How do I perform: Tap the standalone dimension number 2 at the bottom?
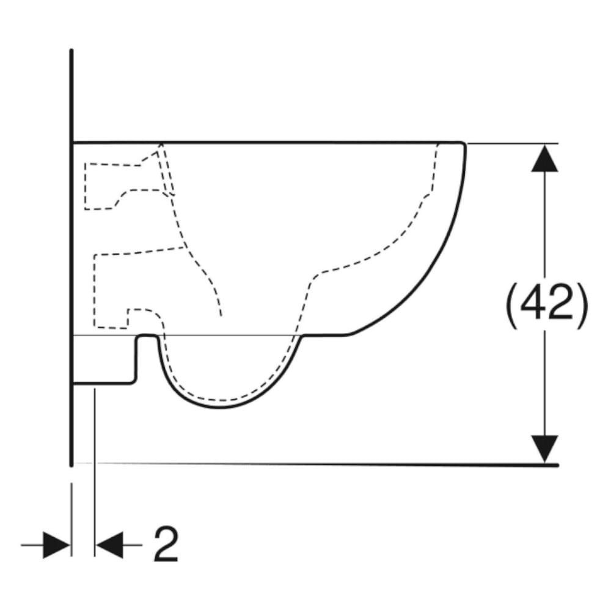click(166, 544)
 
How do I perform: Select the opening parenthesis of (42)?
click(511, 302)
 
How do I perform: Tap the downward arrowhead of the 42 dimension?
click(544, 448)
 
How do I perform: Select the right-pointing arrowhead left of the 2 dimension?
click(57, 544)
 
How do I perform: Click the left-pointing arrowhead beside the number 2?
click(109, 544)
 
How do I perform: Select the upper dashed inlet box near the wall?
click(101, 186)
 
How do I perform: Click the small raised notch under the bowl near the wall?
click(147, 337)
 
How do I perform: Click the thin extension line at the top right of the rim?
click(513, 144)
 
